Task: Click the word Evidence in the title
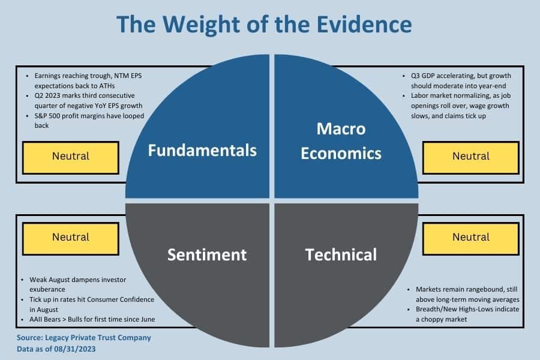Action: [364, 24]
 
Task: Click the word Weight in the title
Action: [201, 25]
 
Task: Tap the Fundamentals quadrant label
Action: [203, 150]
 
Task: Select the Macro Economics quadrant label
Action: [341, 141]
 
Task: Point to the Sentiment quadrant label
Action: [207, 254]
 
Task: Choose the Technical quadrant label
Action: [341, 254]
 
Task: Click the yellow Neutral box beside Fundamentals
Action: [71, 157]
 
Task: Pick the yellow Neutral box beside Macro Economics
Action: [471, 157]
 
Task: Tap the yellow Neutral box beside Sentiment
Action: [71, 238]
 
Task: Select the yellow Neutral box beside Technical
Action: [471, 238]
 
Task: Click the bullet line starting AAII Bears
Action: [92, 319]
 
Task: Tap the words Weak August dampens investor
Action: [78, 280]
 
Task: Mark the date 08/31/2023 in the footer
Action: [75, 349]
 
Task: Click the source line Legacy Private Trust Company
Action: [98, 338]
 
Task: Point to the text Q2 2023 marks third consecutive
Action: [85, 95]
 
